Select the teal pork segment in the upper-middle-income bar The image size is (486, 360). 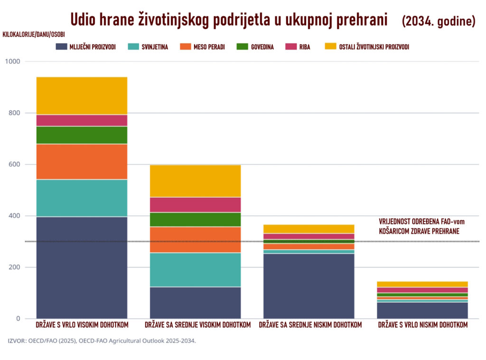point(195,269)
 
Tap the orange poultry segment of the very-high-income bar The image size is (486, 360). point(82,161)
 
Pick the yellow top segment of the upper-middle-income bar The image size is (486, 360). point(195,181)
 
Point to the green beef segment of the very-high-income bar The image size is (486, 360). point(82,135)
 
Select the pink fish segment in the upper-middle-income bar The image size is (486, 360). point(195,204)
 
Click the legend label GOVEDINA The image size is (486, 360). point(262,47)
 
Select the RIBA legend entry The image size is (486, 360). point(304,47)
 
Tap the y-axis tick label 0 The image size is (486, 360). point(18,319)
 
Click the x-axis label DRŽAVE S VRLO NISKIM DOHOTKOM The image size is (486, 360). point(422,325)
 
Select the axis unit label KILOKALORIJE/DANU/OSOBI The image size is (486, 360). point(34,35)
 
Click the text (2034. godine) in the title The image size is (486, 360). point(438,21)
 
